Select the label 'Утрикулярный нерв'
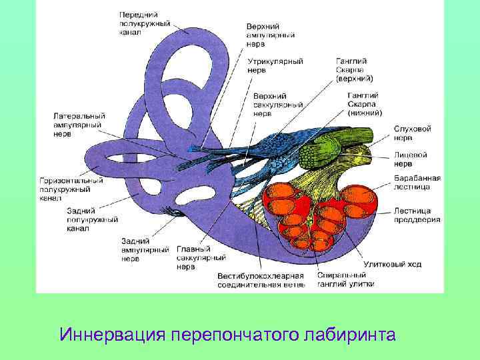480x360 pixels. [x=275, y=65]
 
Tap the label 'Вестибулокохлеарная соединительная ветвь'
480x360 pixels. [x=261, y=280]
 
